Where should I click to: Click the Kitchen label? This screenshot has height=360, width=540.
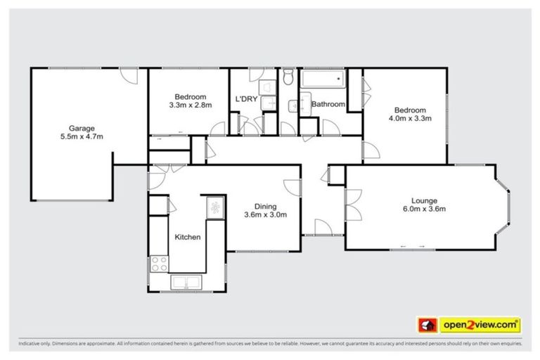pyautogui.click(x=188, y=237)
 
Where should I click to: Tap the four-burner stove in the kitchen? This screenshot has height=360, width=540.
pyautogui.click(x=160, y=264)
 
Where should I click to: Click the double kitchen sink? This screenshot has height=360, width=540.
pyautogui.click(x=186, y=282)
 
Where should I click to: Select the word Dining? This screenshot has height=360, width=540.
pyautogui.click(x=265, y=206)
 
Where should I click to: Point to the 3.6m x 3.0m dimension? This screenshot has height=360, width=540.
pyautogui.click(x=265, y=214)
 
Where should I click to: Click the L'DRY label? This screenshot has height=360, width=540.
pyautogui.click(x=245, y=99)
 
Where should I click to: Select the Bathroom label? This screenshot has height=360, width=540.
pyautogui.click(x=328, y=105)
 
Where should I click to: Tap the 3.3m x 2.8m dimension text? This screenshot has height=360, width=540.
pyautogui.click(x=191, y=105)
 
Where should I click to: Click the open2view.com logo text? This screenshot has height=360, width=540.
pyautogui.click(x=480, y=325)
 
